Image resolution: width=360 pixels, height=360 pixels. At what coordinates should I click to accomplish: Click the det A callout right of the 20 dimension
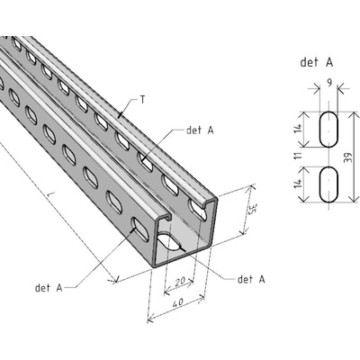click(251, 279)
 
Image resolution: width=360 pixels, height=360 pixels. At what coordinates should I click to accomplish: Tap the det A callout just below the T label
click(200, 130)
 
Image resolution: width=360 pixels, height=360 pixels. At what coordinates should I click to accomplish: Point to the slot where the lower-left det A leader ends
click(140, 229)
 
